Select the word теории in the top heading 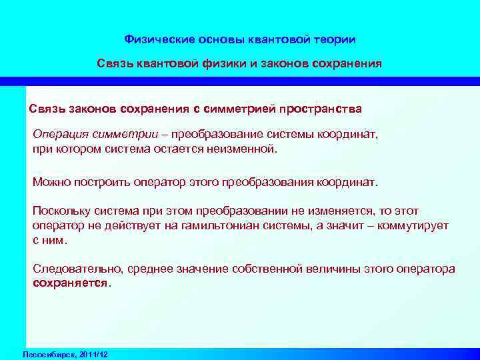click(335, 39)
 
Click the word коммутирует click(413, 225)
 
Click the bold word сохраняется click(69, 283)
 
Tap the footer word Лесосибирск click(47, 353)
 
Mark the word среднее click(145, 269)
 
